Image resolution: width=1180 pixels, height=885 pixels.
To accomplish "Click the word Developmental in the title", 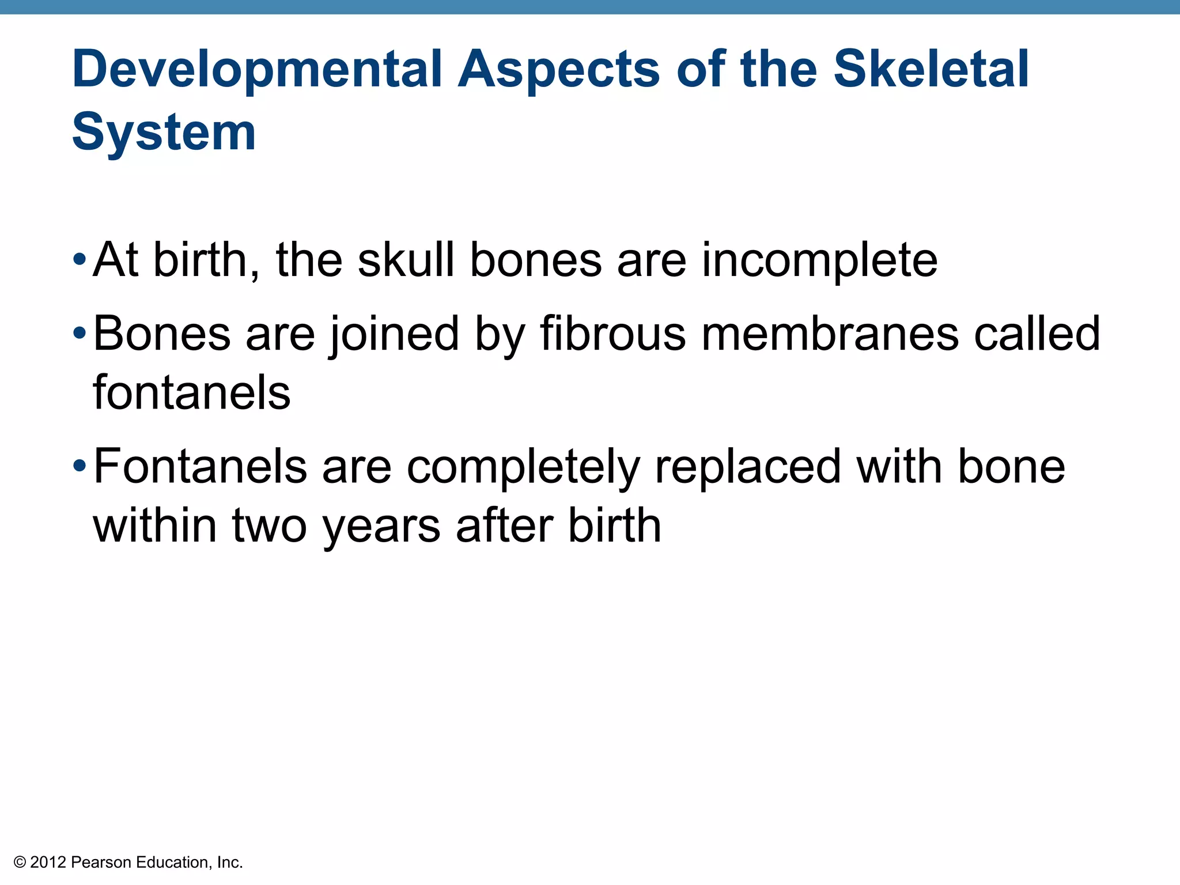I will (257, 70).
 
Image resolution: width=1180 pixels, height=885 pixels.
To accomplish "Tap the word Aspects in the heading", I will (558, 70).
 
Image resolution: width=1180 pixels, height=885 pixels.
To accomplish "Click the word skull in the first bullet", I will (406, 260).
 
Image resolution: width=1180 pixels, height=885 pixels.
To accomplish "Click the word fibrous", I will (612, 334).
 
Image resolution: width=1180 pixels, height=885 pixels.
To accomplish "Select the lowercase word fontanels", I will (191, 393).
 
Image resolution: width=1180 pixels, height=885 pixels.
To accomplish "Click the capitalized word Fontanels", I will (200, 467).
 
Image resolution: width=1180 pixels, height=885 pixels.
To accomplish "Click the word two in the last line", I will (269, 525).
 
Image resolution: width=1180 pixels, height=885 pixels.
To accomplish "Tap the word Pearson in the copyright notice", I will (101, 863).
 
